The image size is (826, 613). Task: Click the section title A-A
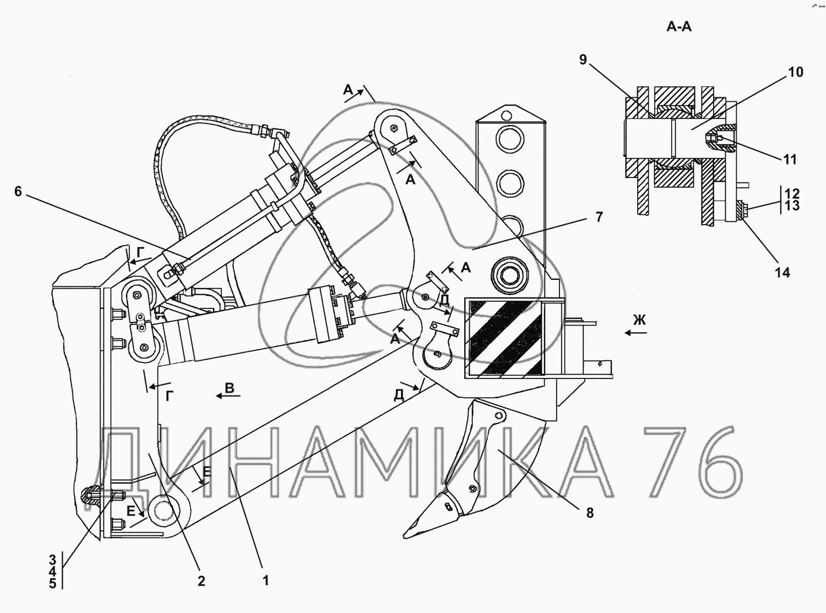point(678,26)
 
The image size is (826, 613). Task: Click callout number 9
point(583,59)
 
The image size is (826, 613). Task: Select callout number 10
point(796,72)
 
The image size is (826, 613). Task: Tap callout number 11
point(790,160)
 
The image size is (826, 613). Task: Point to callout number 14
point(782,272)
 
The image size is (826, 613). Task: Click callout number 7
point(599,217)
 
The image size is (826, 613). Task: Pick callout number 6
point(18,192)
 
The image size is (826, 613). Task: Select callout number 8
point(590,513)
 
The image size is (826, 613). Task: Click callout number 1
point(265,581)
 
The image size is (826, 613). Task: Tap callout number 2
point(201,581)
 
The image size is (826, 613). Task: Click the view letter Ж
point(639,320)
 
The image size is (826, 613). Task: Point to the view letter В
point(230,388)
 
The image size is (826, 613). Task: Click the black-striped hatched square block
point(504,338)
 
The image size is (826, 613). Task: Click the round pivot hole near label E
point(164,510)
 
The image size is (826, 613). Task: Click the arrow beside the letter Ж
point(635,333)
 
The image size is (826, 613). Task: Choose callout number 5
point(53,584)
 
